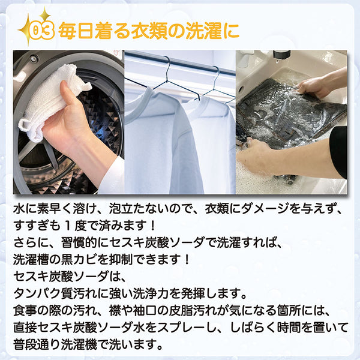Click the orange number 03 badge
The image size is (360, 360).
[42, 31]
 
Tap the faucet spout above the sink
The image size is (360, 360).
[281, 55]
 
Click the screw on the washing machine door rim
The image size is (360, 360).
[34, 59]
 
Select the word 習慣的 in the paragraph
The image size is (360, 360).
[79, 242]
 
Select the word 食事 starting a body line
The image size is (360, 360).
[25, 310]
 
